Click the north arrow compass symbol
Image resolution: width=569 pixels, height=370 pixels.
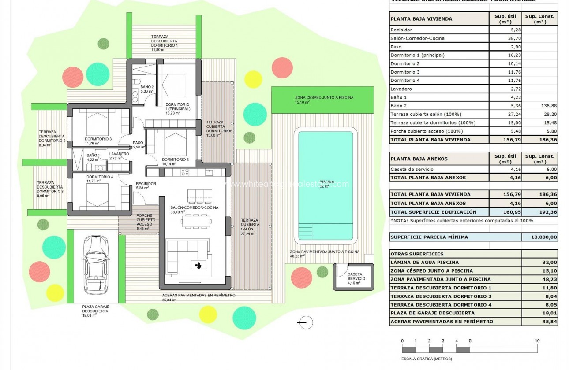304,323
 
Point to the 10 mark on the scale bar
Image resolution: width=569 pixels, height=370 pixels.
537,341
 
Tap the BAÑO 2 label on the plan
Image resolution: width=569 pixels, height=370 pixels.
147,87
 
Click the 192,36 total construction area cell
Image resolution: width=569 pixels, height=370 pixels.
539,211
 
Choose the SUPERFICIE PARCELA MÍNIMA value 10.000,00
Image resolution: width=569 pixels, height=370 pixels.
539,237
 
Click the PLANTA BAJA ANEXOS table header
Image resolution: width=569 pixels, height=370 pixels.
412,159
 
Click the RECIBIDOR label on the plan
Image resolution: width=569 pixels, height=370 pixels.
146,184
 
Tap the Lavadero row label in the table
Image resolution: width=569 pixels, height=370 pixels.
401,89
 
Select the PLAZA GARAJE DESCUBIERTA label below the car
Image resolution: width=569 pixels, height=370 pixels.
96,308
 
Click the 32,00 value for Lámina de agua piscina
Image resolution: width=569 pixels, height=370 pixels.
539,263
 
